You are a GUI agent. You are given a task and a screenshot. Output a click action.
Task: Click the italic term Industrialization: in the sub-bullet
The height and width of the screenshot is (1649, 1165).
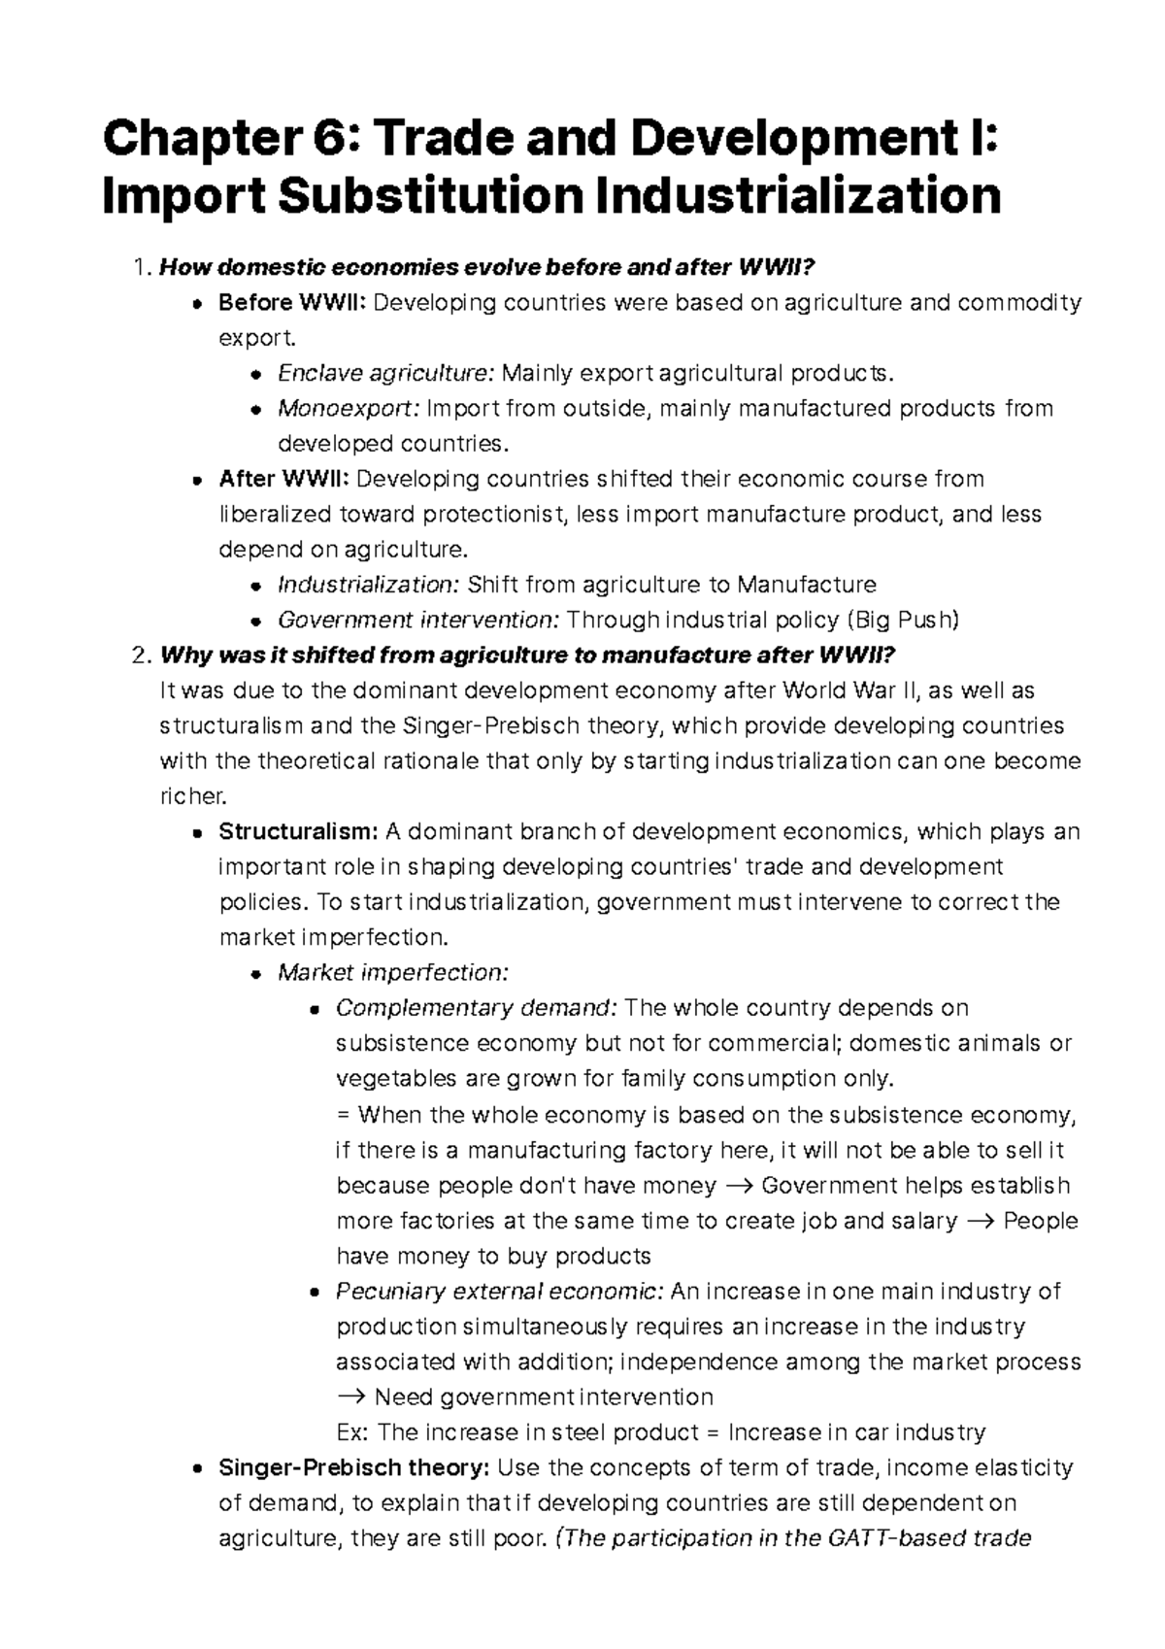tap(368, 585)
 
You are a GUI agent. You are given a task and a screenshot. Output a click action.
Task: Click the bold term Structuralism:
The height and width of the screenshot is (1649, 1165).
tap(298, 832)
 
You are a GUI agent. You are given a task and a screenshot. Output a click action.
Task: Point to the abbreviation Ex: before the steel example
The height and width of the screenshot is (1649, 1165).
tap(351, 1432)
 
